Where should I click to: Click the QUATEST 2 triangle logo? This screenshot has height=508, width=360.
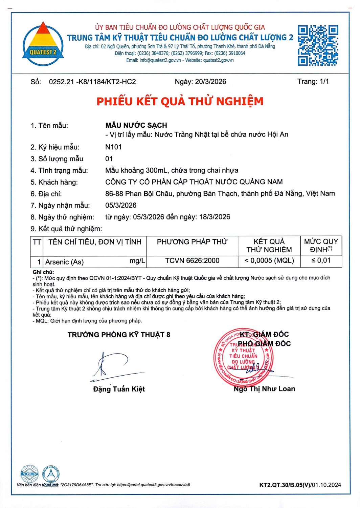pyautogui.click(x=43, y=44)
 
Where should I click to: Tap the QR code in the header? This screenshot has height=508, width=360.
pyautogui.click(x=318, y=45)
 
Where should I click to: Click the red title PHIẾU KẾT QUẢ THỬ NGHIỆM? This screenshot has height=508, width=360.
pyautogui.click(x=180, y=101)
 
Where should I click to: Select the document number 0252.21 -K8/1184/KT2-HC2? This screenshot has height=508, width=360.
pyautogui.click(x=92, y=82)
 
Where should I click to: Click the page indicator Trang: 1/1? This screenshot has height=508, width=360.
pyautogui.click(x=313, y=81)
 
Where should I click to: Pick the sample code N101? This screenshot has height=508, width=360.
pyautogui.click(x=113, y=147)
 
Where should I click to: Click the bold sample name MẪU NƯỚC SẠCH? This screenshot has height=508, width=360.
pyautogui.click(x=136, y=125)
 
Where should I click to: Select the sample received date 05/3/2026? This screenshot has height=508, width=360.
pyautogui.click(x=121, y=205)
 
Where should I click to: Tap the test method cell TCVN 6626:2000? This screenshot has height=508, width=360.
pyautogui.click(x=192, y=260)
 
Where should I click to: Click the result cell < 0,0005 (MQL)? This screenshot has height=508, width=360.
pyautogui.click(x=269, y=260)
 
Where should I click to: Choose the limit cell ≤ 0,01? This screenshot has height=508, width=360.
pyautogui.click(x=321, y=260)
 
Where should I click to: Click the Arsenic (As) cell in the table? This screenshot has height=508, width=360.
pyautogui.click(x=65, y=262)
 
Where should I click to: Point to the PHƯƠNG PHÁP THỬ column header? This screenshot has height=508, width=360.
pyautogui.click(x=192, y=242)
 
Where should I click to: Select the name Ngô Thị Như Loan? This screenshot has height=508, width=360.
pyautogui.click(x=264, y=389)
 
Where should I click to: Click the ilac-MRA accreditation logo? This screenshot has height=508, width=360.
pyautogui.click(x=29, y=474)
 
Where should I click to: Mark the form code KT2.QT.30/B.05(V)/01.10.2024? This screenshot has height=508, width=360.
pyautogui.click(x=300, y=485)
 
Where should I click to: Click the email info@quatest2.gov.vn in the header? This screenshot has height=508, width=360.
pyautogui.click(x=160, y=60)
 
